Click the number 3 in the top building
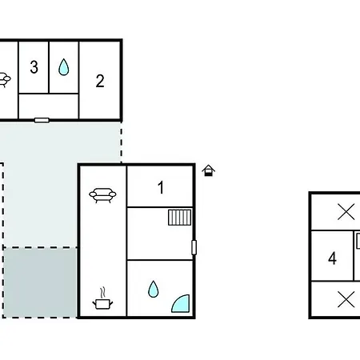tap(34, 67)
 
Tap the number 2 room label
tap(100, 81)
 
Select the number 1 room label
tap(161, 187)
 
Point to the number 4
tap(332, 258)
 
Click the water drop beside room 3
tap(64, 67)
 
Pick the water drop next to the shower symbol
tap(154, 289)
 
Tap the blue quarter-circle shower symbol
tap(181, 303)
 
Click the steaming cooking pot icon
tap(102, 299)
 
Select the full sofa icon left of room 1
tap(102, 195)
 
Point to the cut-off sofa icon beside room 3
tap(5, 80)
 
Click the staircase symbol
tap(180, 218)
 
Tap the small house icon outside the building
tap(209, 170)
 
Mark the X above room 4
tap(346, 212)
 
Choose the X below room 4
tap(346, 299)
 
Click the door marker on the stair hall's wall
tap(194, 247)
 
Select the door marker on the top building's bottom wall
tap(42, 120)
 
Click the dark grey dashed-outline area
tap(40, 282)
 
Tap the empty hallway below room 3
tap(49, 106)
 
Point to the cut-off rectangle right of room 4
tap(358, 241)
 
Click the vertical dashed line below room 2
tap(122, 142)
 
